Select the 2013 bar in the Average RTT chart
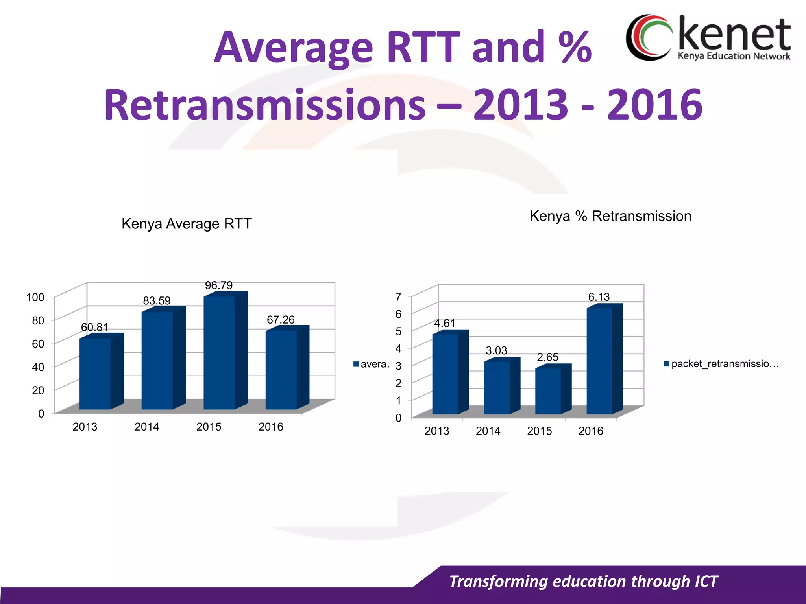coord(95,374)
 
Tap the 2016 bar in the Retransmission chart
coord(599,361)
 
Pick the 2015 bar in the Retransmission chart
coord(548,391)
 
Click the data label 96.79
coord(219,285)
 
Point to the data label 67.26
coord(281,320)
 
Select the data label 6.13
coord(599,297)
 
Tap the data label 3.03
coord(496,350)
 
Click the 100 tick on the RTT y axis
coord(35,297)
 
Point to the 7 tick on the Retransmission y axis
coord(398,296)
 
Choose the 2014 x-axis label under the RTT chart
coord(147,427)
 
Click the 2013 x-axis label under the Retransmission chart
coord(437,431)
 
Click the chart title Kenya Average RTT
coord(187,224)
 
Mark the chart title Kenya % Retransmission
coord(610,216)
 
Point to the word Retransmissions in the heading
coord(264,105)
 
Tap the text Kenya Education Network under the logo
coord(734,56)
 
